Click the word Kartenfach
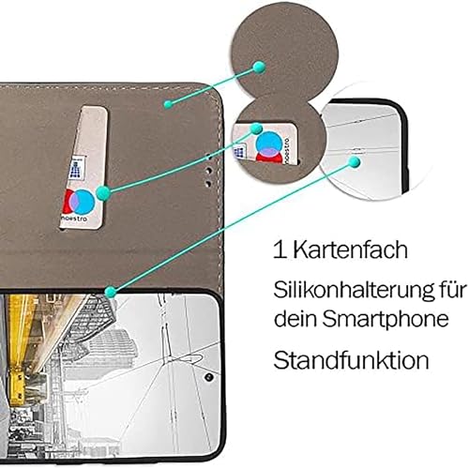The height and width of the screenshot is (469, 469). [x=351, y=250]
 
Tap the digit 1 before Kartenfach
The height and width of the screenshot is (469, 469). [x=280, y=250]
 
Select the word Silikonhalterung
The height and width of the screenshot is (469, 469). [x=351, y=291]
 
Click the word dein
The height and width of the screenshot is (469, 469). [x=295, y=318]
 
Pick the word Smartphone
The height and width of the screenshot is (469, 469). [x=386, y=321]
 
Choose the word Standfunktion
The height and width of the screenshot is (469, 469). [x=351, y=359]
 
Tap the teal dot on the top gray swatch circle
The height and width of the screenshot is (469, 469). [x=259, y=68]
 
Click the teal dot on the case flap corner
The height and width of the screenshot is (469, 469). [x=168, y=104]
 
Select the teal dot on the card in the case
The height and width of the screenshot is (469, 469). [x=103, y=193]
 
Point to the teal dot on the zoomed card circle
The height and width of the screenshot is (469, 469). [x=256, y=129]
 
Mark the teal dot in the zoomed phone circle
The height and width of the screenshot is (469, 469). [x=355, y=162]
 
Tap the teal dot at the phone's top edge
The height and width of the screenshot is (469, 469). [x=110, y=292]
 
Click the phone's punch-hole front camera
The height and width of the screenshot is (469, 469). [x=209, y=377]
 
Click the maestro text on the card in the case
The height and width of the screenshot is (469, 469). [x=74, y=218]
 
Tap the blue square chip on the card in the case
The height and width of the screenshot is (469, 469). [x=77, y=169]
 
